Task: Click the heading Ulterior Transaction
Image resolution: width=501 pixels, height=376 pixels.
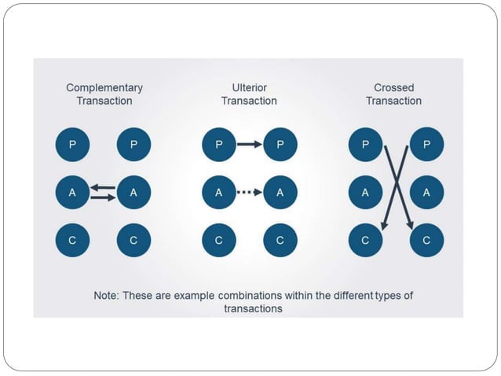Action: [249, 94]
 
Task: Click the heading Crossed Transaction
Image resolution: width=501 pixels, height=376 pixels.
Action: [395, 94]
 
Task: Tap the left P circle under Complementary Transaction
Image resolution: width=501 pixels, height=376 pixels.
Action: [72, 144]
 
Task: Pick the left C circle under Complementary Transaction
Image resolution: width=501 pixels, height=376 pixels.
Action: [72, 241]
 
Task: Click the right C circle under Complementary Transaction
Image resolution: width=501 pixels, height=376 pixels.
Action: [133, 241]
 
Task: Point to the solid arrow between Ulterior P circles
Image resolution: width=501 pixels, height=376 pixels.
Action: [249, 144]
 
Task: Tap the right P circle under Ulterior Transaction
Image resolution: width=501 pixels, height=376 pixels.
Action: [280, 144]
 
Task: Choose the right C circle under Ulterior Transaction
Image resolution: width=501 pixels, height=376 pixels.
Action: [280, 241]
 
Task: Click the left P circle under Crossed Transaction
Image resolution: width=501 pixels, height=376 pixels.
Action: [365, 144]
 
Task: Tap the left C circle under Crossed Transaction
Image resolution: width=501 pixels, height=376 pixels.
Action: [365, 241]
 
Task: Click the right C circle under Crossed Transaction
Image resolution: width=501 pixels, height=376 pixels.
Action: [426, 241]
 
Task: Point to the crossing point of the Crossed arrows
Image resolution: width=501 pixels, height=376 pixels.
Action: [396, 186]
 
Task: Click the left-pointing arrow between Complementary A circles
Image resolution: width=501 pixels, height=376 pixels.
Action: [103, 187]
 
